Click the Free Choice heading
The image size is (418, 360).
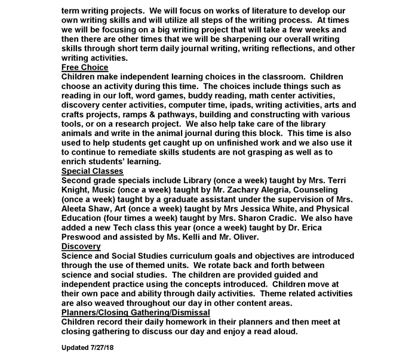pos(85,67)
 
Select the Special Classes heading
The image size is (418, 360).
pos(93,171)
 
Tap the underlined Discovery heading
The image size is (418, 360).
pos(81,246)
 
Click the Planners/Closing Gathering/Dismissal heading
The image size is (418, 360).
pos(136,312)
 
